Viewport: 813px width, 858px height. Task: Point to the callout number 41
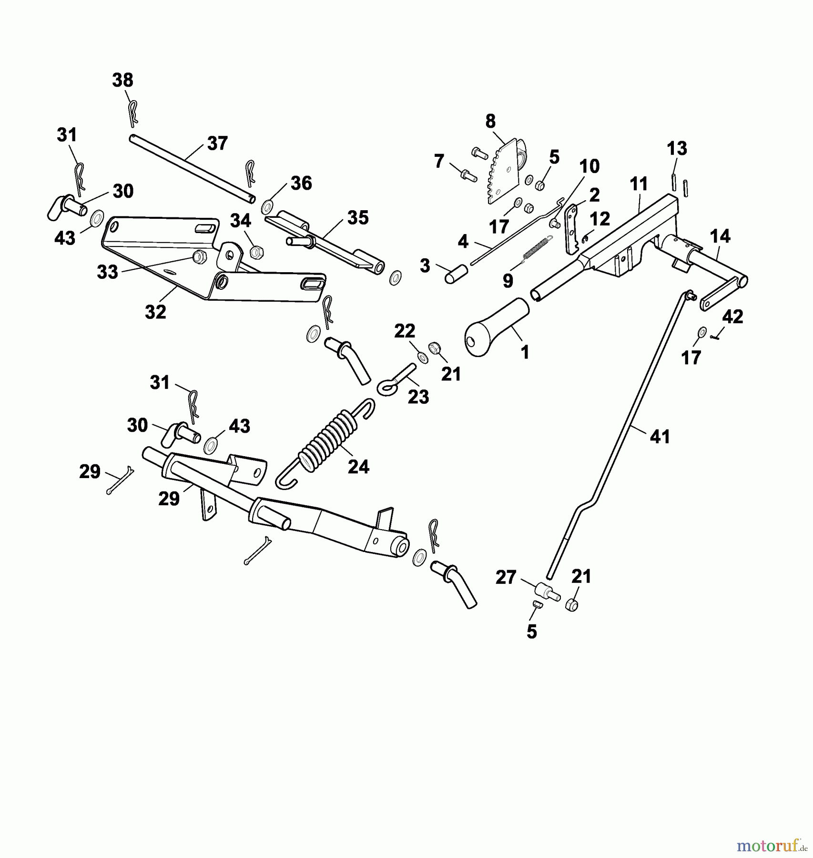coord(660,437)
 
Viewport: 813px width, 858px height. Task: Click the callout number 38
coord(122,80)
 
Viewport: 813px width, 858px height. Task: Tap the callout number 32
coord(155,312)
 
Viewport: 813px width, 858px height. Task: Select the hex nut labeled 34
coord(256,251)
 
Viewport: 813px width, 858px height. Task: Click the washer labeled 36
coord(267,207)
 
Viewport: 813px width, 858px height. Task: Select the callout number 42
coord(732,317)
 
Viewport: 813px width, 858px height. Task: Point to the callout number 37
coord(217,143)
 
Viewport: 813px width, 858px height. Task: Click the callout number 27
coord(506,577)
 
